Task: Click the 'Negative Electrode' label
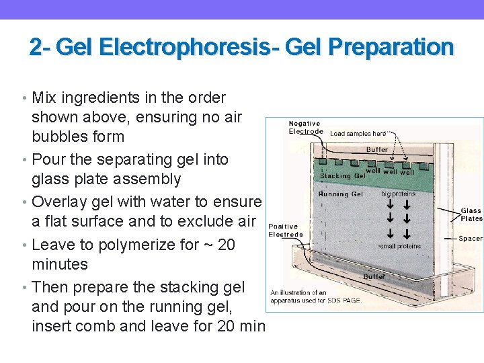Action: pyautogui.click(x=305, y=128)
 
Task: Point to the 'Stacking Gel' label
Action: pyautogui.click(x=343, y=176)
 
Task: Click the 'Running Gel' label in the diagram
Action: pyautogui.click(x=341, y=194)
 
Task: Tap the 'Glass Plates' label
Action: pyautogui.click(x=471, y=214)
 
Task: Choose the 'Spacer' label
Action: pyautogui.click(x=471, y=238)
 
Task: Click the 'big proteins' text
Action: pyautogui.click(x=399, y=194)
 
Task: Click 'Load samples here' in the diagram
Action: pyautogui.click(x=358, y=133)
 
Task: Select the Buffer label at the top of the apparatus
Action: pyautogui.click(x=377, y=149)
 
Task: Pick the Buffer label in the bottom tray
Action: pyautogui.click(x=374, y=276)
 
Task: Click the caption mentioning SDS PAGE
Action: pyautogui.click(x=316, y=296)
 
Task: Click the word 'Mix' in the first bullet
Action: pyautogui.click(x=44, y=97)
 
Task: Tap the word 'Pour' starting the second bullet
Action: pyautogui.click(x=48, y=159)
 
